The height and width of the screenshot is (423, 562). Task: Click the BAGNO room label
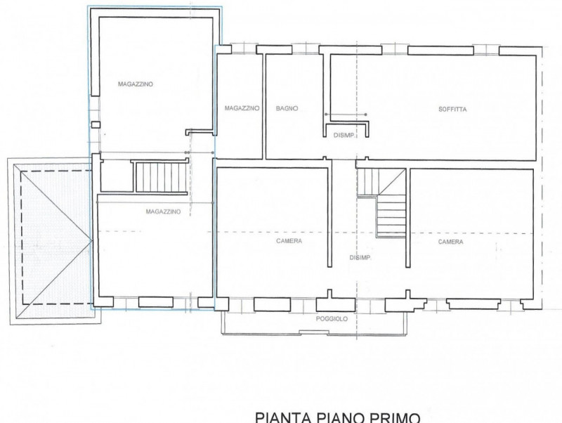[x=287, y=108]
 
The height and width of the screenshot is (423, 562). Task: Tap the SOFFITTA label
[x=452, y=110]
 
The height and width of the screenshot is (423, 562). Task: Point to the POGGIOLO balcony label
[x=332, y=319]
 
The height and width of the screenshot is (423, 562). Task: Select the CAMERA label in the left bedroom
[x=289, y=241]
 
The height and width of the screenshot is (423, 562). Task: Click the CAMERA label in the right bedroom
[x=450, y=242]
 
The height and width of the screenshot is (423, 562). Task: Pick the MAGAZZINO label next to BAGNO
[x=242, y=108]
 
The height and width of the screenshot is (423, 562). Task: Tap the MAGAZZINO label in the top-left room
[x=136, y=84]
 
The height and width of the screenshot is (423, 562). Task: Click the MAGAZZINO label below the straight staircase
[x=163, y=211]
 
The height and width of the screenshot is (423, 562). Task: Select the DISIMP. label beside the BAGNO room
[x=344, y=135]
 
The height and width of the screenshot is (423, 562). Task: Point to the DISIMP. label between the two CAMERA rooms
[x=360, y=258]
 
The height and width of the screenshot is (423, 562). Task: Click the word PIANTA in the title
[x=283, y=417]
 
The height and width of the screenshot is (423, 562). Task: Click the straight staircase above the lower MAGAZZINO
[x=162, y=177]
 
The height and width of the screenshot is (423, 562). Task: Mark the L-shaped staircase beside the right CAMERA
[x=381, y=202]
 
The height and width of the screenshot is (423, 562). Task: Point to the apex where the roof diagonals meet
[x=92, y=240]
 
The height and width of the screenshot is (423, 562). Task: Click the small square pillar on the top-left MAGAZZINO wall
[x=96, y=125]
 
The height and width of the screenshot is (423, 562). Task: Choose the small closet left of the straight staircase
[x=117, y=176]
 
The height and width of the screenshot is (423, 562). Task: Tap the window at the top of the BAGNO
[x=306, y=49]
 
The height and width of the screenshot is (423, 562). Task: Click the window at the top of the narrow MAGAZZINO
[x=244, y=48]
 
